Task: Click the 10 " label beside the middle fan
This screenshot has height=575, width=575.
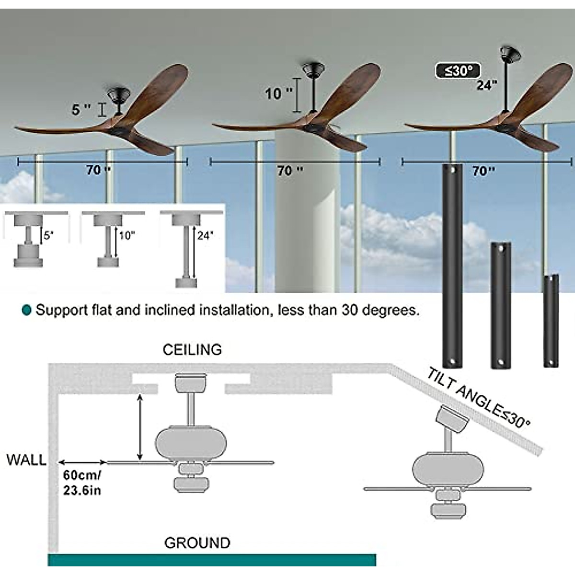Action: click(x=278, y=93)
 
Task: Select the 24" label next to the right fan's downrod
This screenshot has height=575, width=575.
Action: click(x=487, y=85)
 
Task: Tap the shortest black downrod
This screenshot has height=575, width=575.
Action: click(x=551, y=321)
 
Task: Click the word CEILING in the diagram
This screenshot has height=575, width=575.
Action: click(x=192, y=349)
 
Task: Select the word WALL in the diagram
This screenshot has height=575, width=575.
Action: click(x=26, y=460)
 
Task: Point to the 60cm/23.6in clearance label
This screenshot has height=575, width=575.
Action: click(x=82, y=483)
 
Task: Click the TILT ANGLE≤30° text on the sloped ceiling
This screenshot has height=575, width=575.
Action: click(x=479, y=398)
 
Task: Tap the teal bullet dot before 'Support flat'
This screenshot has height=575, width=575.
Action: click(x=27, y=310)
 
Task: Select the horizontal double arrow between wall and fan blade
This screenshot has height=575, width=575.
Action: click(x=82, y=462)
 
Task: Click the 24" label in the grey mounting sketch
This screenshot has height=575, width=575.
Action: click(x=205, y=235)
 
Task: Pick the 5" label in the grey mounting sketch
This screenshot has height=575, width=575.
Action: click(x=48, y=235)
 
